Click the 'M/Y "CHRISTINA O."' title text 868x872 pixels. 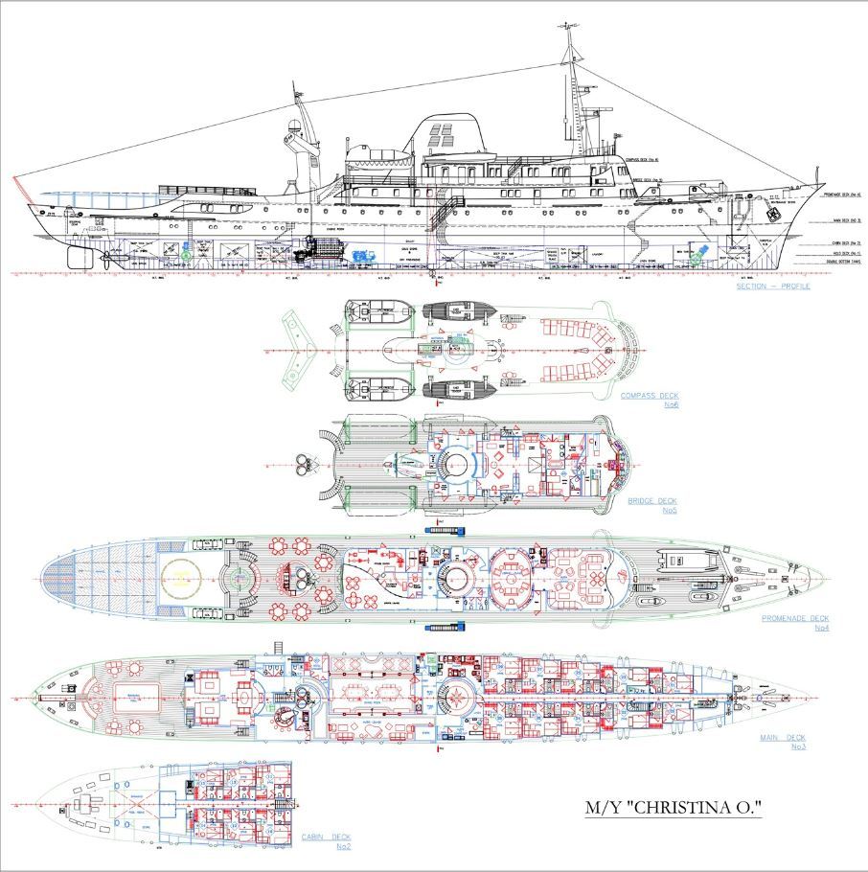(x=674, y=808)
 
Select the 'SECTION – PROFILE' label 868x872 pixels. (x=772, y=286)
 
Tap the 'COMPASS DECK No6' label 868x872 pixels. (x=650, y=400)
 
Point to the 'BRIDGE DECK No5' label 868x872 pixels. (x=652, y=505)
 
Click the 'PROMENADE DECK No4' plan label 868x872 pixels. (x=795, y=623)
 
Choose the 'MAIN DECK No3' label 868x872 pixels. (x=783, y=742)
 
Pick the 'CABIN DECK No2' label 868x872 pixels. (x=326, y=841)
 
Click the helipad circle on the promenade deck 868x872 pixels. (x=177, y=578)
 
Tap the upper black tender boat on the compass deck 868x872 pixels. (x=456, y=312)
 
